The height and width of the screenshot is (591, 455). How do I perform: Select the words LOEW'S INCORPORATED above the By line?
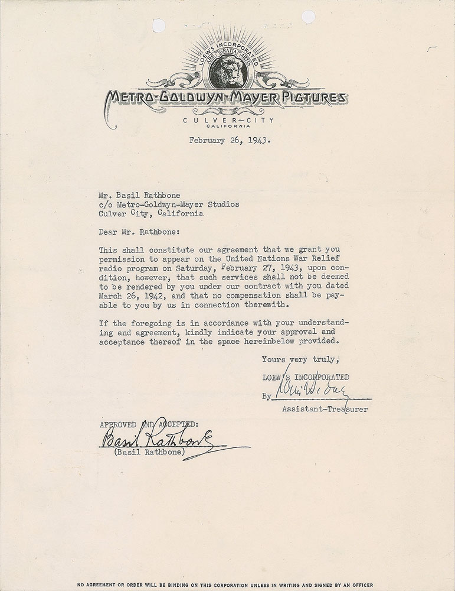tap(305, 377)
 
